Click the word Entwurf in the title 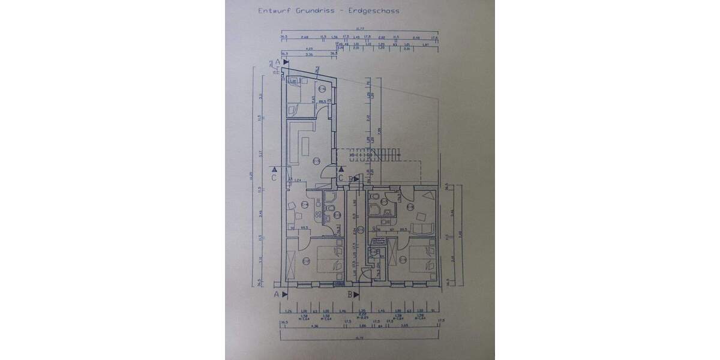272,10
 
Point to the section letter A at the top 278,62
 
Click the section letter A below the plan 277,294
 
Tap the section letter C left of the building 274,178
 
